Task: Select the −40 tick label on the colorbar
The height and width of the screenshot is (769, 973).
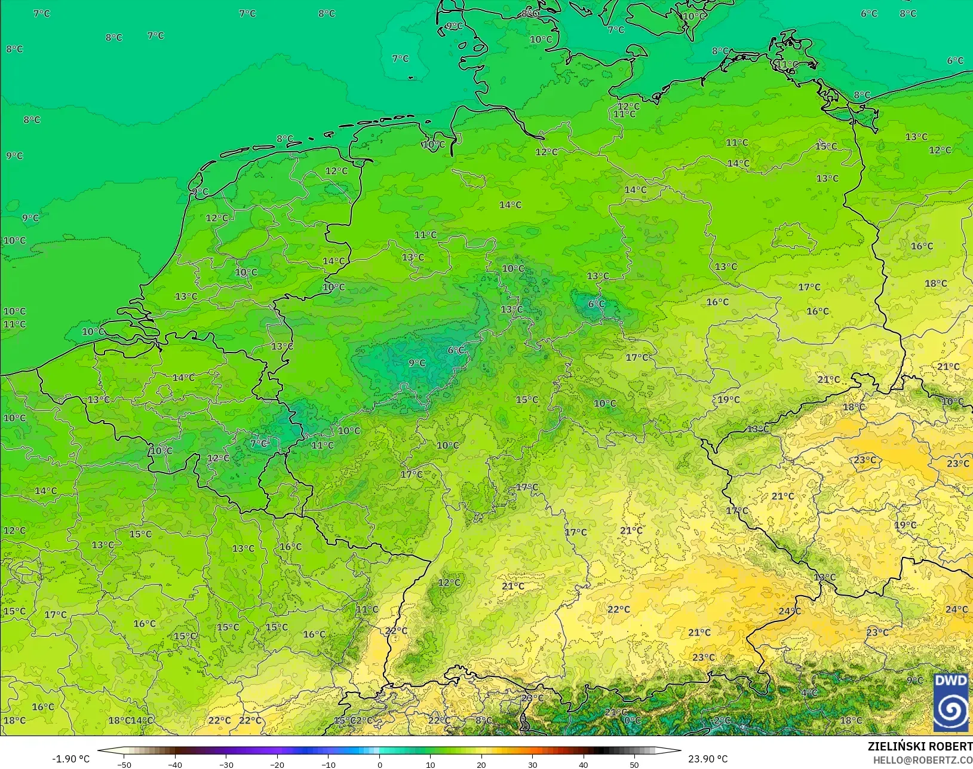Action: pos(174,764)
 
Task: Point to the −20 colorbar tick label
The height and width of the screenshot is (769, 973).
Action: pos(277,764)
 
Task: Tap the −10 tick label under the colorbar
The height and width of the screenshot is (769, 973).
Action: pos(328,764)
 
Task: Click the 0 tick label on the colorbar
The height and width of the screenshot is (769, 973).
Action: pos(380,764)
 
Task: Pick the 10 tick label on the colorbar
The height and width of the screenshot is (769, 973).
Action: pos(431,764)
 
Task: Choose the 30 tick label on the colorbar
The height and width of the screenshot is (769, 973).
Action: pos(532,764)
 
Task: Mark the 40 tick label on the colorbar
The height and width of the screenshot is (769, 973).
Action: pos(584,764)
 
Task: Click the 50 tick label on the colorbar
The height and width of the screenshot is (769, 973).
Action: pos(634,764)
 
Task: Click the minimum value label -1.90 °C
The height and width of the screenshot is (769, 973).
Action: pos(70,759)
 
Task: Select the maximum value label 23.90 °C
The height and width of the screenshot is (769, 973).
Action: pos(708,759)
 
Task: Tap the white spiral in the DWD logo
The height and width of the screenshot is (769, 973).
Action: pos(951,709)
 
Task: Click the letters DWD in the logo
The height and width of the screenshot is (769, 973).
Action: pos(951,681)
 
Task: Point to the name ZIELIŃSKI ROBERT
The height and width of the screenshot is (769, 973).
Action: pos(920,746)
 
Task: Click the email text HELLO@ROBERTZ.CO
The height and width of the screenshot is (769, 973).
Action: pos(923,760)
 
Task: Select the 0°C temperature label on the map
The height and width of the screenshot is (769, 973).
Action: pos(632,720)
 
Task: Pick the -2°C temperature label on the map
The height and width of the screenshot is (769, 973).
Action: pos(722,720)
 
